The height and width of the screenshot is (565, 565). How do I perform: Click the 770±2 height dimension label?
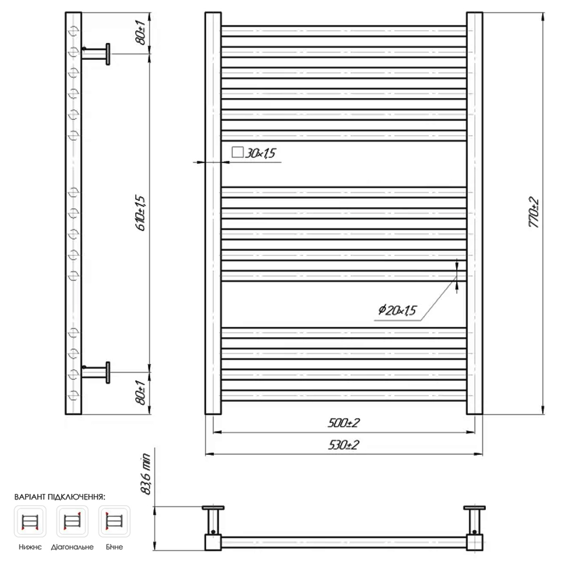533,212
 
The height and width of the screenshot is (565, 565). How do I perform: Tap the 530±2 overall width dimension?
343,445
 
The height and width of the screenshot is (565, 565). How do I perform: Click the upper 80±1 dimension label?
141,32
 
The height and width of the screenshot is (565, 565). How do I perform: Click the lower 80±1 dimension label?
141,393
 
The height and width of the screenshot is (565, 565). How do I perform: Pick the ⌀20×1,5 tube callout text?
397,310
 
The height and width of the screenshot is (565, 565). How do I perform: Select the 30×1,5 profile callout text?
260,153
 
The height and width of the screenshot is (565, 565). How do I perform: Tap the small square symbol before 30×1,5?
237,152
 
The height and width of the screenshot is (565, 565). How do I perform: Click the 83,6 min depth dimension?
145,474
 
